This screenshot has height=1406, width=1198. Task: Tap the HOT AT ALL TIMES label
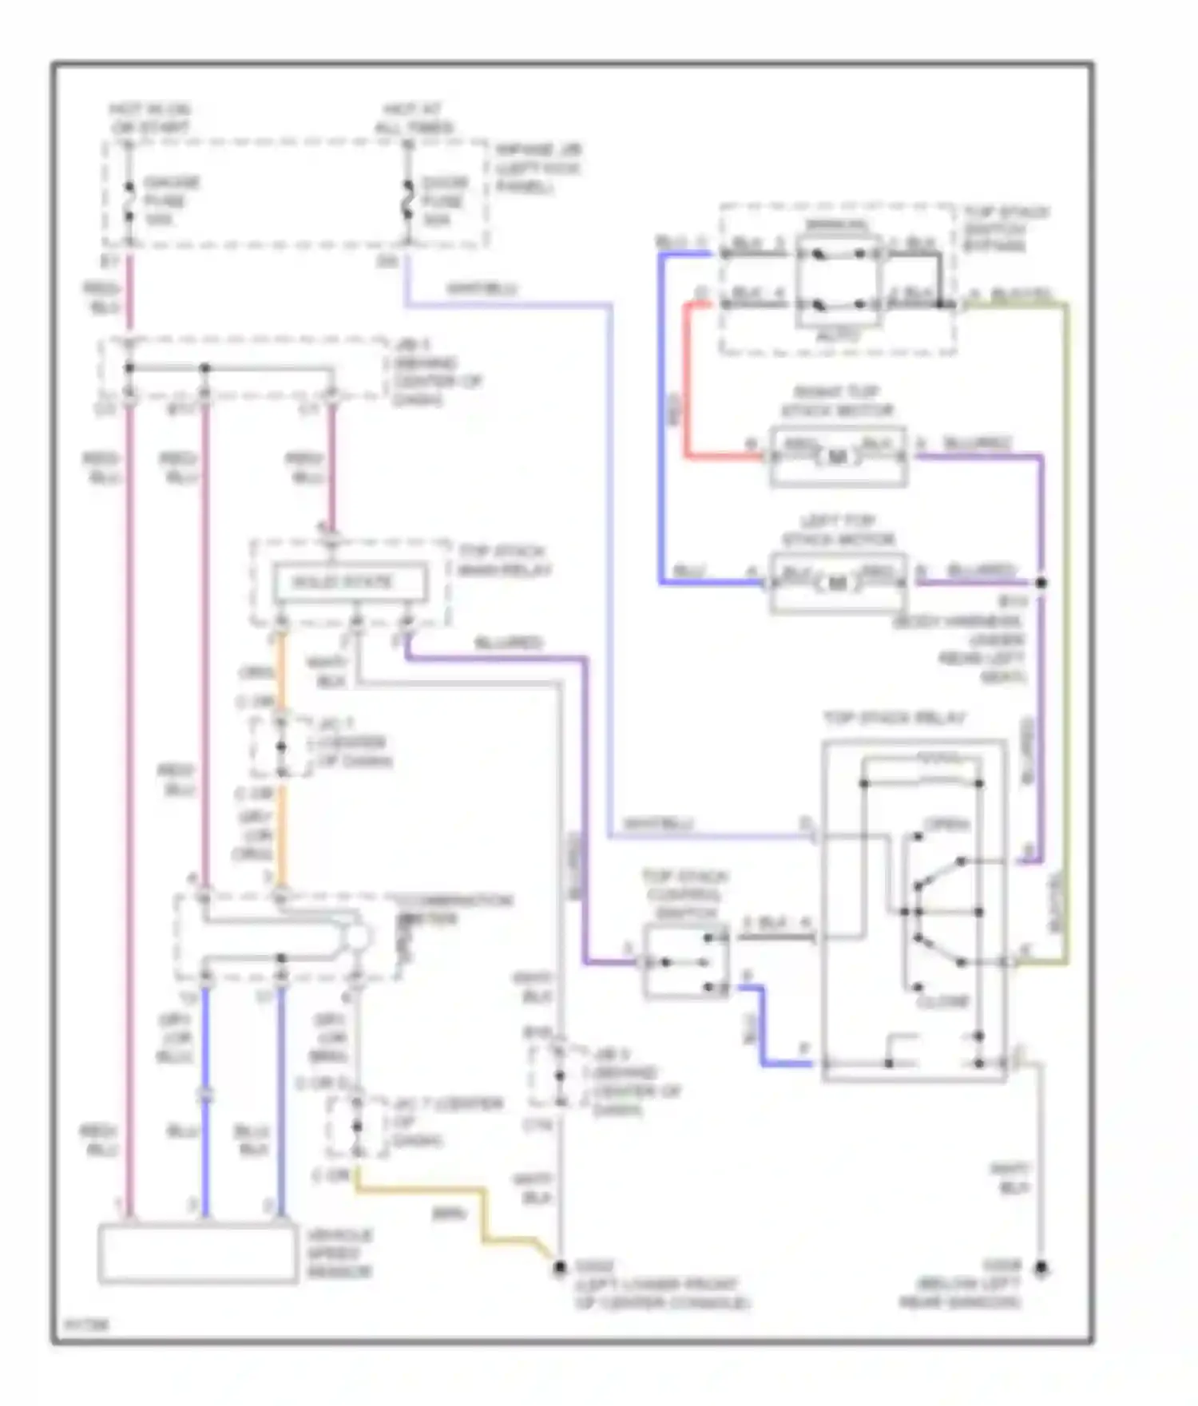tap(413, 118)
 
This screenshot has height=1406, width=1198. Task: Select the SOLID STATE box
tap(350, 582)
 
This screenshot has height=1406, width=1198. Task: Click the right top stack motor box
tap(838, 457)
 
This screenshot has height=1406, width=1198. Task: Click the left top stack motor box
tap(838, 584)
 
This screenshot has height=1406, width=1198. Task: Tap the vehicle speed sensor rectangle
tap(197, 1254)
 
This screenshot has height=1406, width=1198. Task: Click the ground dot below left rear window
tap(1041, 1268)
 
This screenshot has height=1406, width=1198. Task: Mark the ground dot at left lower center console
tap(560, 1267)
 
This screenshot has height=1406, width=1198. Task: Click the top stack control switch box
tap(686, 962)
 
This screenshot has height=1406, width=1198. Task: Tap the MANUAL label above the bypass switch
tap(836, 226)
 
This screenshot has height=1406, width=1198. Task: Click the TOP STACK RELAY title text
tap(895, 718)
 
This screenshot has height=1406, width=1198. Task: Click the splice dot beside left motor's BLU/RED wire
tap(1041, 583)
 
